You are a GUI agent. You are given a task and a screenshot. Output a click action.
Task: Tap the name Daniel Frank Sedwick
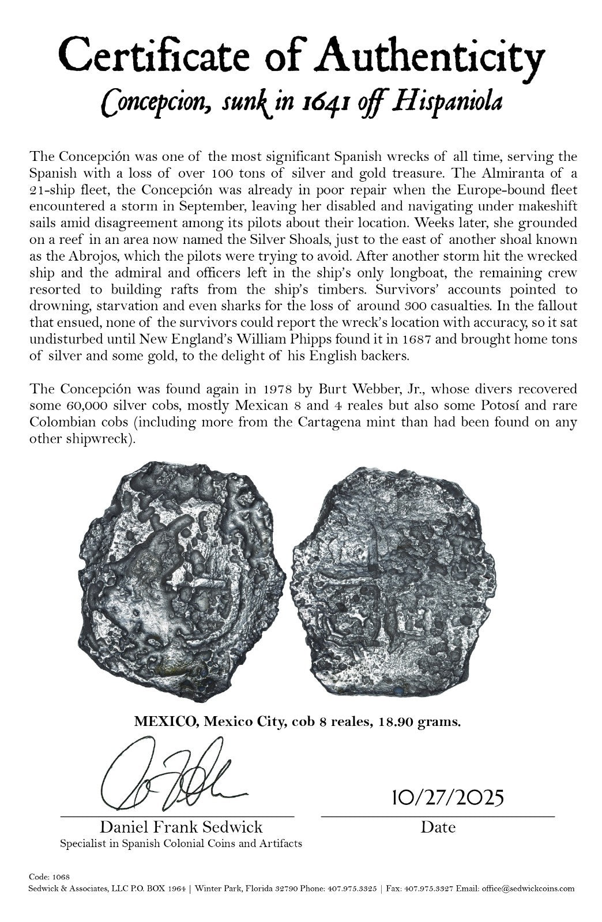(181, 827)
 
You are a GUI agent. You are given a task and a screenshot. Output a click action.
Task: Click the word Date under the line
(438, 827)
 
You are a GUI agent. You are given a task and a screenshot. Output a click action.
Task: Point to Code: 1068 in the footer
(49, 876)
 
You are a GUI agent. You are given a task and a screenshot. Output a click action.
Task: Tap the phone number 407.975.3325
(344, 889)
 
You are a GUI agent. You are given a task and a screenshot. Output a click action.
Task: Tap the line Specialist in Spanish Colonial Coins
(181, 844)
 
